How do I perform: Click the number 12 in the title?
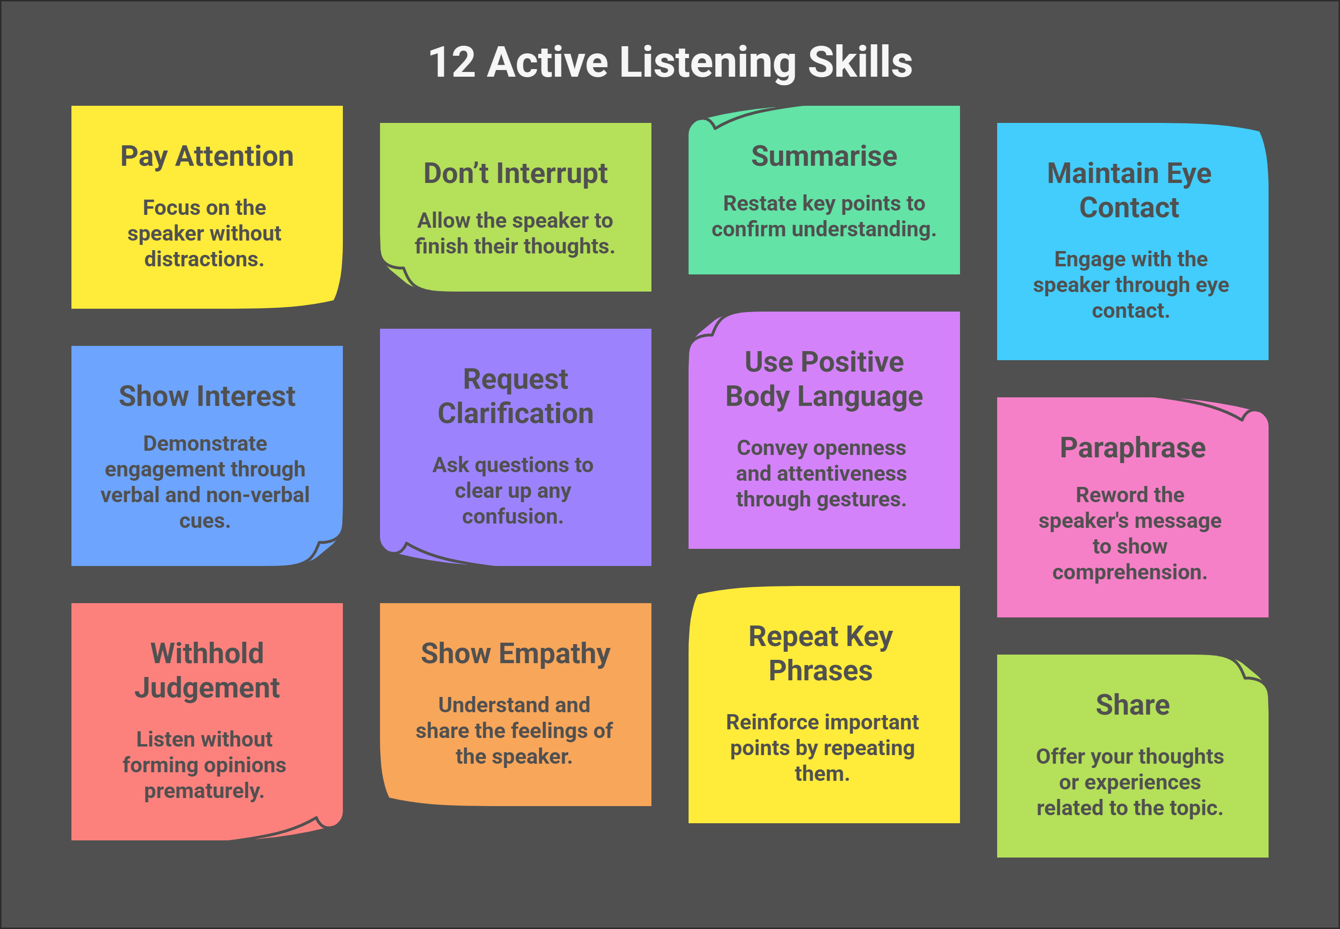452,62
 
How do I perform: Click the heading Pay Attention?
207,157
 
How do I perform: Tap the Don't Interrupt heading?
516,173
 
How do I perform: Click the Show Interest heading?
207,396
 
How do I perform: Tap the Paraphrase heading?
1132,449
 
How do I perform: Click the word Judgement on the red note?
207,688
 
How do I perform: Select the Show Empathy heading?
516,654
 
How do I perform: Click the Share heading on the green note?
1132,705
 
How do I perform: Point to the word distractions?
204,259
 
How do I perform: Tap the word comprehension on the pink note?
1130,573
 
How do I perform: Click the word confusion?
512,516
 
